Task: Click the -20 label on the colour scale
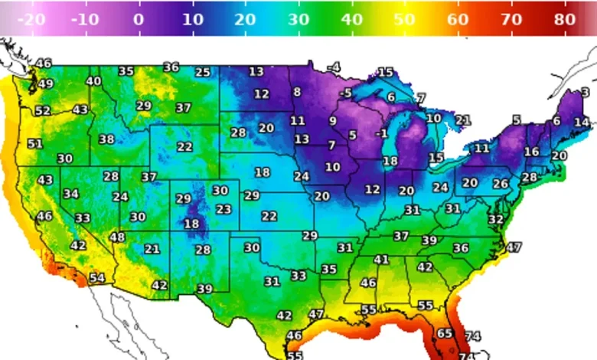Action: (30, 21)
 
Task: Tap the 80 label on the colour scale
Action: (564, 21)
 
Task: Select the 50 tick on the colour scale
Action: (405, 21)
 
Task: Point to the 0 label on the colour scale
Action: (138, 21)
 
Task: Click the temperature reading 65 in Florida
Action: (445, 333)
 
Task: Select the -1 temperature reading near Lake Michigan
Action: (381, 133)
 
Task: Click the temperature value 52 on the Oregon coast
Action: (42, 111)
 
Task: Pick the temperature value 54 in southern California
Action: (96, 278)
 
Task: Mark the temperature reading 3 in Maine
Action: (586, 93)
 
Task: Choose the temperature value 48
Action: (117, 237)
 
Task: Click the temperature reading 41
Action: (381, 260)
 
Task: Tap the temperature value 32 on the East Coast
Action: (496, 220)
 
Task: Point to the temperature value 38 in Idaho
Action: (106, 139)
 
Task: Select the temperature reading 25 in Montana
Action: (202, 73)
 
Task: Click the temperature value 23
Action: (223, 209)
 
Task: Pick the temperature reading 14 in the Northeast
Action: (582, 122)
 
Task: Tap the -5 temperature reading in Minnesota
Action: (346, 93)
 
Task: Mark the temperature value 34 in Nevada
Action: (71, 194)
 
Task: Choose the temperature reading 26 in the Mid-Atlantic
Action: (500, 184)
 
